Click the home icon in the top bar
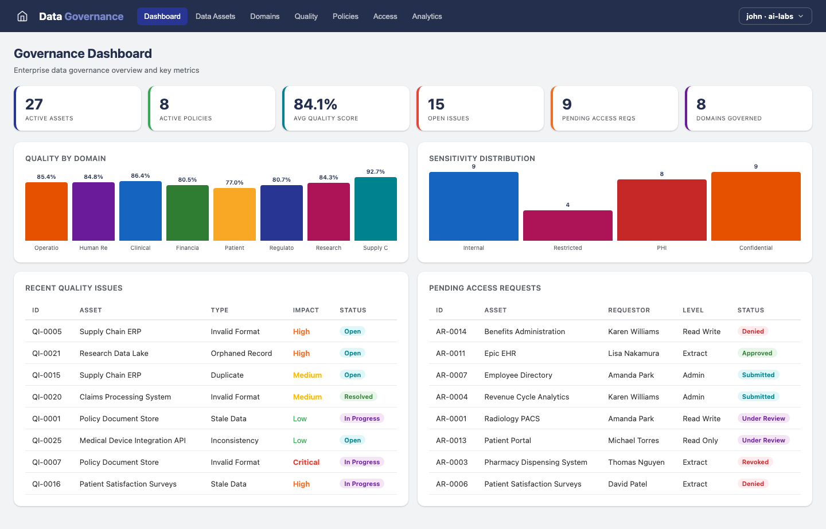[22, 16]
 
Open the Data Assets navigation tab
[215, 16]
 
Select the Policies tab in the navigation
[345, 16]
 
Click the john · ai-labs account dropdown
[775, 16]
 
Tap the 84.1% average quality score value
[315, 104]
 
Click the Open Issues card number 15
[436, 104]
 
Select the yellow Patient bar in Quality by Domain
[235, 214]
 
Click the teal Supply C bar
[376, 209]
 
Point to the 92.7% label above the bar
[376, 172]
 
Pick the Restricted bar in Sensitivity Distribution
[568, 225]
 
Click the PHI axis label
[662, 248]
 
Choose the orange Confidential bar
[756, 206]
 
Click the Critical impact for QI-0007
[306, 463]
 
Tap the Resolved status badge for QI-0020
[359, 397]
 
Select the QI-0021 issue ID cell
[46, 354]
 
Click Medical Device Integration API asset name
[133, 441]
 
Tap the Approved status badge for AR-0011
[757, 353]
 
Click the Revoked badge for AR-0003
[755, 462]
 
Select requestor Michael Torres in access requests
[633, 441]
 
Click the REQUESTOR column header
[629, 310]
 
